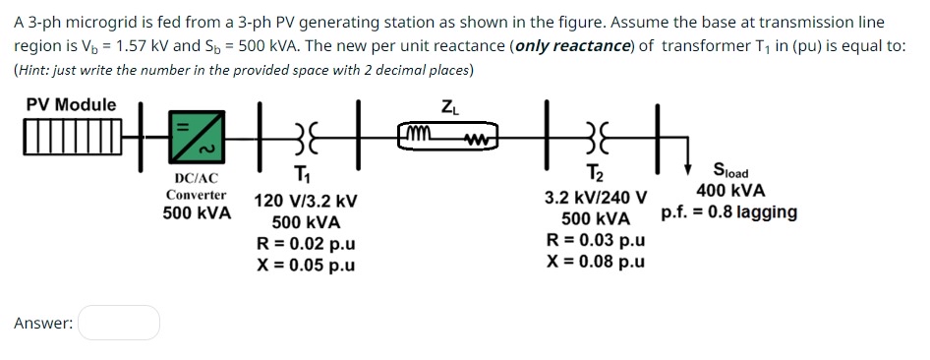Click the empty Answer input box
point(119,323)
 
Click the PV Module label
point(71,104)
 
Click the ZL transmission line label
point(448,106)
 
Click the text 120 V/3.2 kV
point(306,202)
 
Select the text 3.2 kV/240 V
point(596,199)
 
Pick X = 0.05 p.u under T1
point(306,265)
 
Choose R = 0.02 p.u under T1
point(306,244)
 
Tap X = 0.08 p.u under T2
point(596,262)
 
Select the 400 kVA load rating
point(730,191)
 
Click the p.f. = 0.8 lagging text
point(729,212)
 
